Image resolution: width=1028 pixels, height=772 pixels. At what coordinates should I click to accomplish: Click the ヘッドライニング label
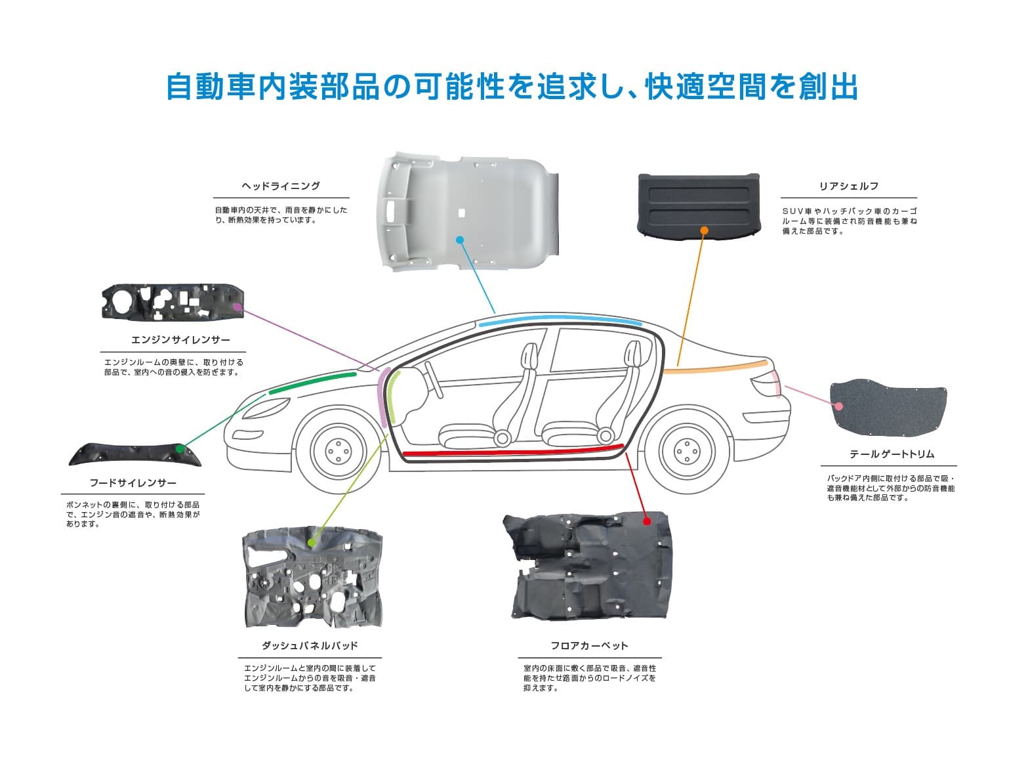281,186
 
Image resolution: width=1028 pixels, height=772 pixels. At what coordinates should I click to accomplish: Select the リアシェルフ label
848,186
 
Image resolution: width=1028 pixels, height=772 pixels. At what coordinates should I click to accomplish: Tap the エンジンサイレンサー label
180,340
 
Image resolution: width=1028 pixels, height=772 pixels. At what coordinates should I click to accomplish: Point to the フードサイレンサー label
133,483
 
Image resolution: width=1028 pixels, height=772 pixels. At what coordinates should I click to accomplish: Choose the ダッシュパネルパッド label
310,646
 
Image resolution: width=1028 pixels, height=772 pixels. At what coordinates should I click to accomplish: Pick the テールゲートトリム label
892,454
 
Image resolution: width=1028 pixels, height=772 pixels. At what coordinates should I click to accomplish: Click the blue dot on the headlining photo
460,240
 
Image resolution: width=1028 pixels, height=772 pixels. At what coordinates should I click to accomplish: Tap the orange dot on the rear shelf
704,230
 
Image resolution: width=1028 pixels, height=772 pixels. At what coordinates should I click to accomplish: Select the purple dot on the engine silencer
237,306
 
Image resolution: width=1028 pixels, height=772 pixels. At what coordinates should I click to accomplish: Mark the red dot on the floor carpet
646,521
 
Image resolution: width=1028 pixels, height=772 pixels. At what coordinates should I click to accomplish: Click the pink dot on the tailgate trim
838,406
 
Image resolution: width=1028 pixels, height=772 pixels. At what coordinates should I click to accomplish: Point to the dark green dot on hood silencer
181,449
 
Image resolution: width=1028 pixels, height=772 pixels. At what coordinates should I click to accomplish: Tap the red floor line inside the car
512,452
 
